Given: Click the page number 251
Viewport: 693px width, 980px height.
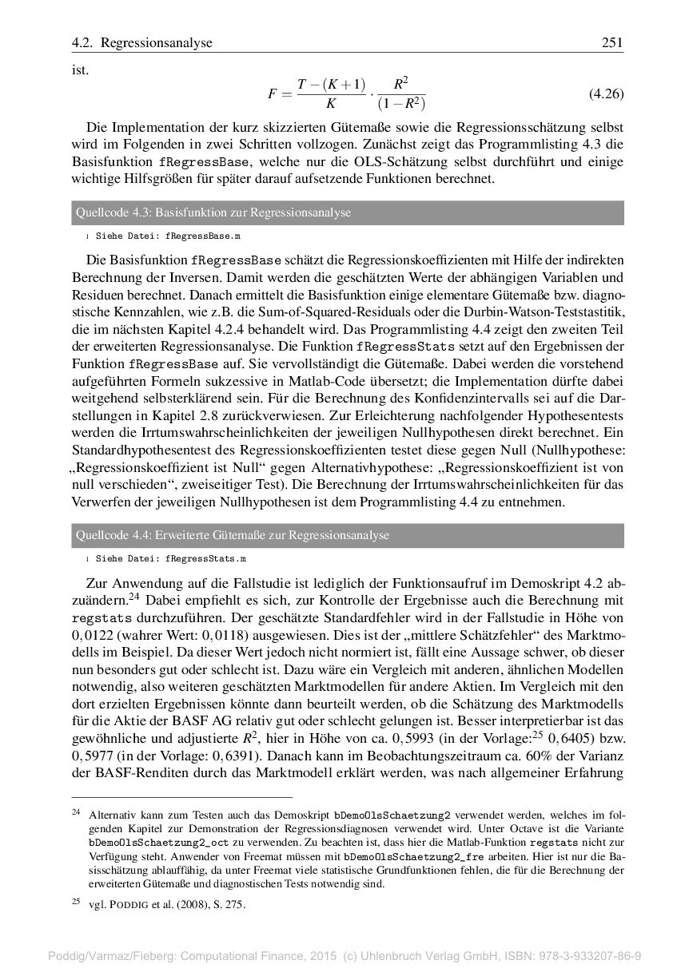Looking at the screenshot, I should (x=611, y=42).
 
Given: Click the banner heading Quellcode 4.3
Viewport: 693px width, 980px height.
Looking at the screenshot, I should (x=213, y=212).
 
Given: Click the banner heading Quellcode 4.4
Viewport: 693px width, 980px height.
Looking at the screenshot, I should (x=232, y=535).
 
